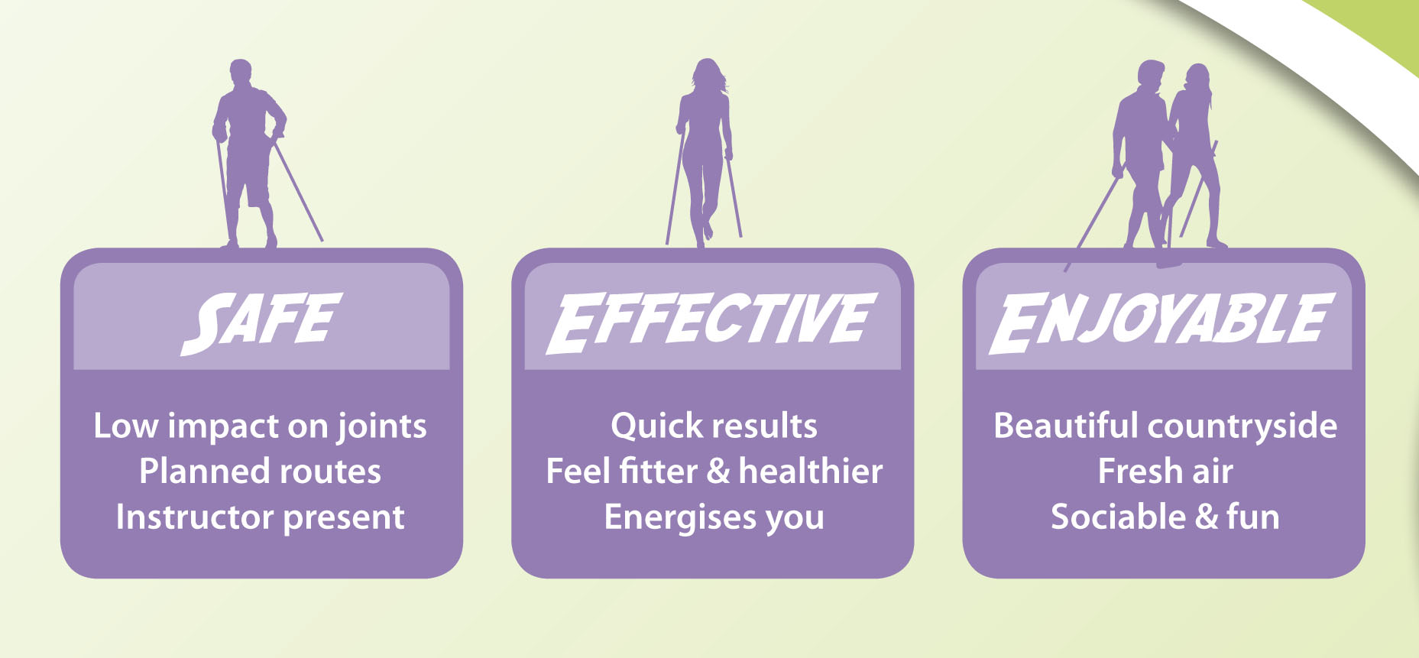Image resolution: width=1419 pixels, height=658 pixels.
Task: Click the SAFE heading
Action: [261, 323]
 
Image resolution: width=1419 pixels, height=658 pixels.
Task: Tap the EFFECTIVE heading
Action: [711, 323]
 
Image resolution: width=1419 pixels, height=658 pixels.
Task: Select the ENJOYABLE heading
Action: [1162, 323]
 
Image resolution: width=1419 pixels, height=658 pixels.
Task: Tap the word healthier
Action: [811, 471]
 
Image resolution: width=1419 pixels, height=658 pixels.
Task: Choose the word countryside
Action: [1242, 427]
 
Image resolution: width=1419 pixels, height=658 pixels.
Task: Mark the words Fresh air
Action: [1165, 472]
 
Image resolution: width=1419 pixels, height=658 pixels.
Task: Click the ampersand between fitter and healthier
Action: [718, 472]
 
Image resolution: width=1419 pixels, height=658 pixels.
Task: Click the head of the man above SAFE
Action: [241, 73]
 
